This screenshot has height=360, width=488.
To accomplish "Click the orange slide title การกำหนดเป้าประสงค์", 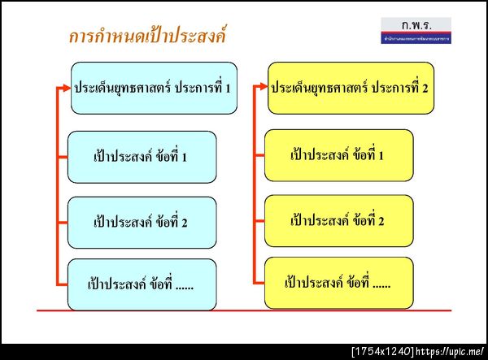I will click(x=147, y=37).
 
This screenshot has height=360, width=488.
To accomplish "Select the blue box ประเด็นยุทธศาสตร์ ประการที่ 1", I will click(x=154, y=87).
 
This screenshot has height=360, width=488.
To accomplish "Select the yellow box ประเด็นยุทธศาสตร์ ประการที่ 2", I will click(x=351, y=87).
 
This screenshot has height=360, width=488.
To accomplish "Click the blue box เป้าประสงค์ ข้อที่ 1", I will click(x=142, y=157).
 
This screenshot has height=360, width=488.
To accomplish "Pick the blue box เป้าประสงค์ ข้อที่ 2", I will click(x=142, y=222).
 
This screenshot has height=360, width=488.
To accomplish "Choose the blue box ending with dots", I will click(x=142, y=284).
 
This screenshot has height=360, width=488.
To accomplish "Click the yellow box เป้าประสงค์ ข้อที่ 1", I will click(x=338, y=155).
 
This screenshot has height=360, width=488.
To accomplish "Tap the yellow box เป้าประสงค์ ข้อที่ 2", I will click(x=338, y=220).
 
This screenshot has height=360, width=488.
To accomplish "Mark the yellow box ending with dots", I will click(x=338, y=283).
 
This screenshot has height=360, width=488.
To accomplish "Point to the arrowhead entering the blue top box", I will click(x=66, y=87).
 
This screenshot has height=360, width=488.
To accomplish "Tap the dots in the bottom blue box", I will click(x=184, y=284).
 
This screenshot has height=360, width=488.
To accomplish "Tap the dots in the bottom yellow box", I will click(x=380, y=284).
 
